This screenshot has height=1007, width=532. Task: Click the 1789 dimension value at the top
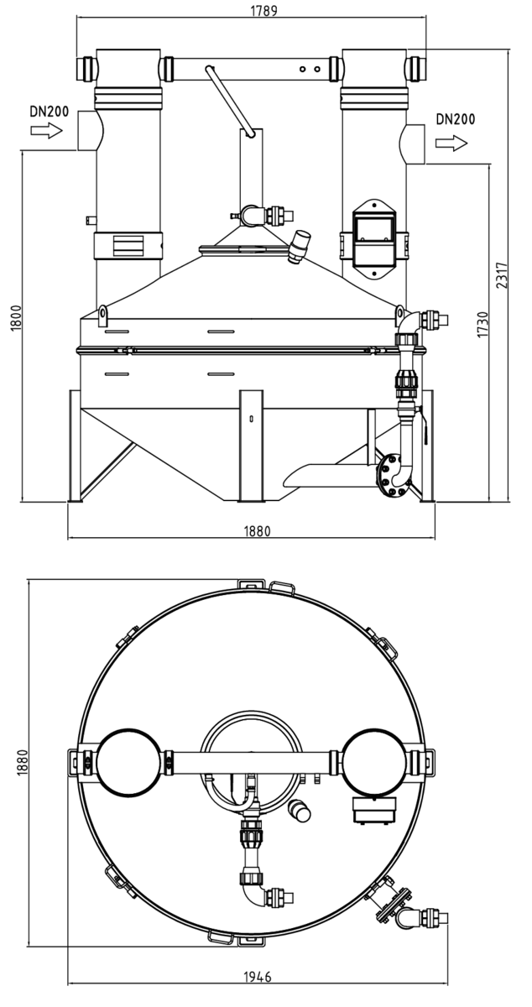coord(263,11)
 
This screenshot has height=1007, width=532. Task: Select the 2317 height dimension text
coord(502,275)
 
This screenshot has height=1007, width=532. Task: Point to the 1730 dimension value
coord(482,324)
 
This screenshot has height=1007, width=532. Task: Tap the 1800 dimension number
coord(16,318)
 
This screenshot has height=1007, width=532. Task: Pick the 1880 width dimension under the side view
coord(258,531)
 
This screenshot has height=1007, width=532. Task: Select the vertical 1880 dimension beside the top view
coord(23,762)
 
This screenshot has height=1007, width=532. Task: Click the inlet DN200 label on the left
coord(50,111)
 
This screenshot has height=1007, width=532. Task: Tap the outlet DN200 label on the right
coord(455,119)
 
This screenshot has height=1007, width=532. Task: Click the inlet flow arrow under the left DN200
coord(47,131)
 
